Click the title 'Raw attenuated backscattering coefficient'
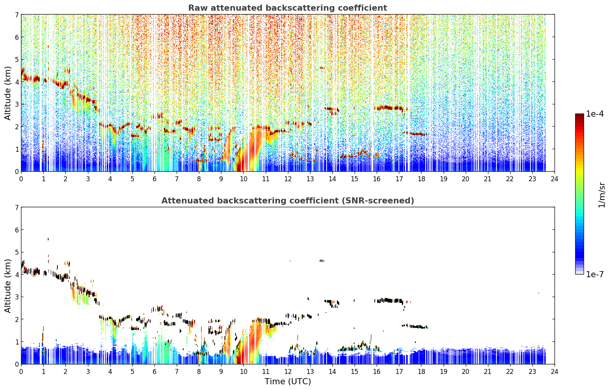[288, 8]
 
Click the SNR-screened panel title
[288, 201]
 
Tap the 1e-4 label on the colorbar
[595, 114]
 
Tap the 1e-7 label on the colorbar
[595, 274]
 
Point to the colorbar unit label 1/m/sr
[602, 195]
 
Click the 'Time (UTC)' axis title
[288, 382]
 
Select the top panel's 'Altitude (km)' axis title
[8, 93]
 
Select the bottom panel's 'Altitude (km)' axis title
[8, 286]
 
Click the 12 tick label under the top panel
[288, 179]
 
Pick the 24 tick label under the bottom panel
[555, 372]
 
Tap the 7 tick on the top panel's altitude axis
[16, 15]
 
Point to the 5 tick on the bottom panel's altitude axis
[16, 252]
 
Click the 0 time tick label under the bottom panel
[21, 372]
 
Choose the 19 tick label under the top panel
[443, 179]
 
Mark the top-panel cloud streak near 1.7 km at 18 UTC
[415, 133]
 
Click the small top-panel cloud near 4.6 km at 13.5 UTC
[322, 68]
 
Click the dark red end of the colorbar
[579, 116]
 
